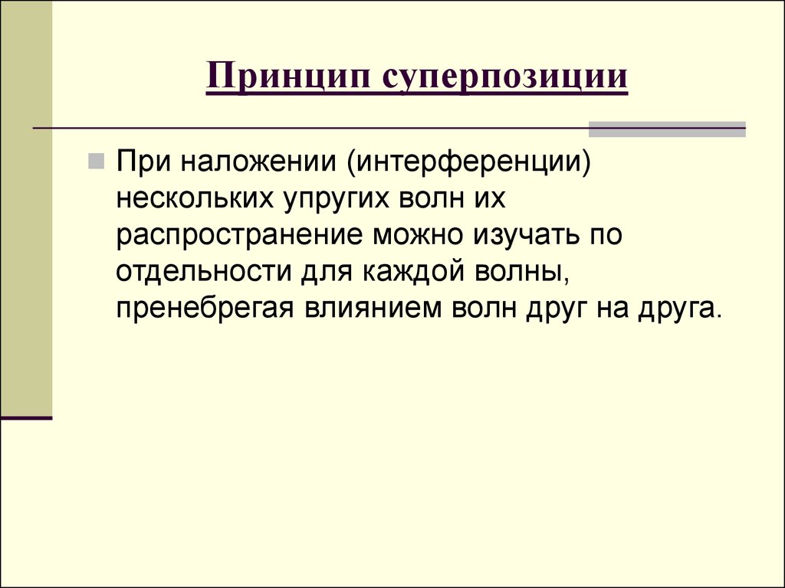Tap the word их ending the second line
click(x=491, y=200)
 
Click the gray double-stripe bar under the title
click(x=666, y=129)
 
